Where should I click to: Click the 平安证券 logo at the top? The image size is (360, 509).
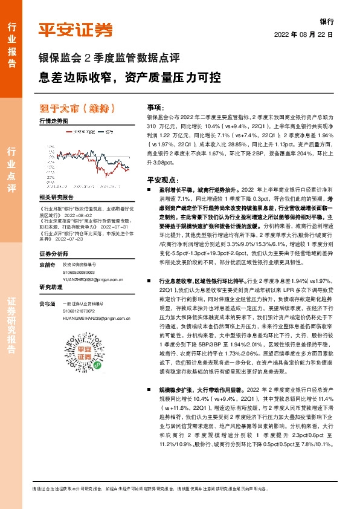point(76,29)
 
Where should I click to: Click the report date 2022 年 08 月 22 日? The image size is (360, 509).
point(304,34)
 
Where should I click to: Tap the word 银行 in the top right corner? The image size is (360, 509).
point(326,20)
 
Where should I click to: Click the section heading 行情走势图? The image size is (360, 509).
point(53,122)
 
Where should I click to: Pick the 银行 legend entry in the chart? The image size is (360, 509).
point(109,130)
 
